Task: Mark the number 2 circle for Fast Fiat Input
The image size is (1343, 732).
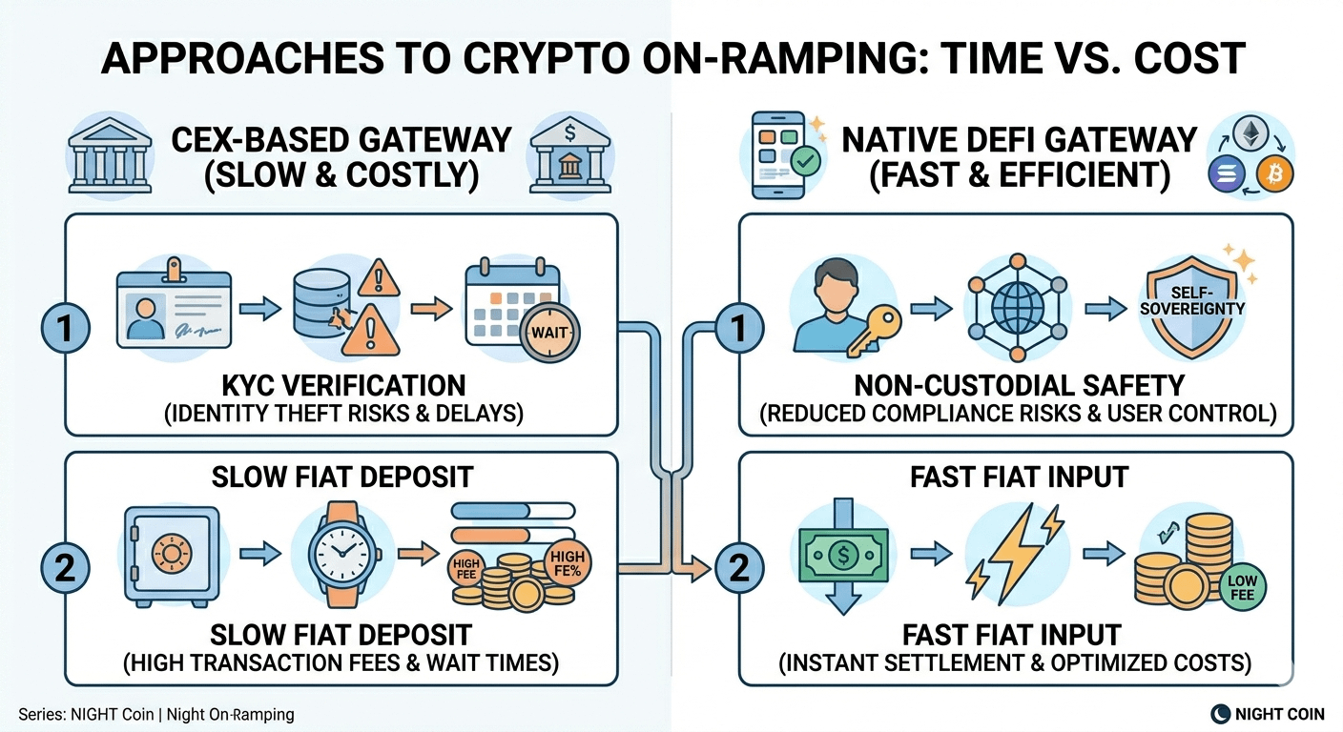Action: click(737, 569)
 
